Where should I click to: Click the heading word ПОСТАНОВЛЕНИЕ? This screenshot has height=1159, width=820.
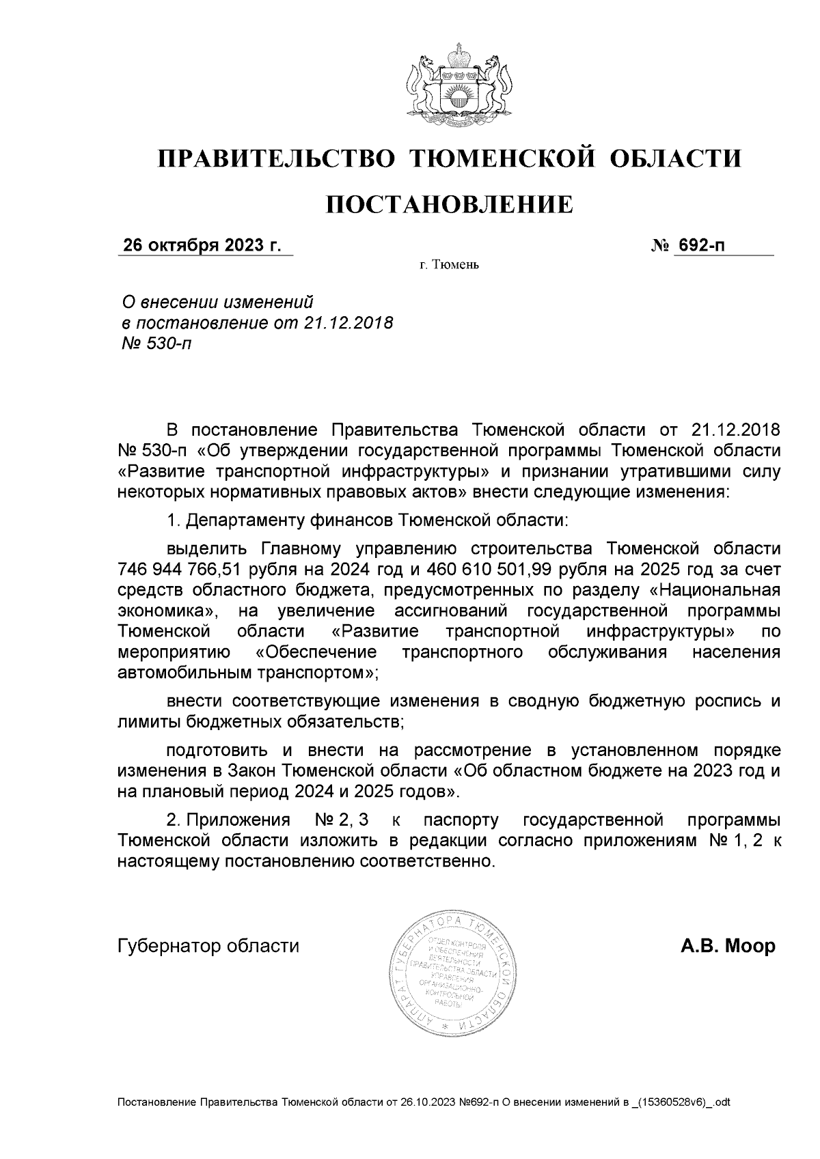point(448,204)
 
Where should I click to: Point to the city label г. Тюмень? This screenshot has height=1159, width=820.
point(449,265)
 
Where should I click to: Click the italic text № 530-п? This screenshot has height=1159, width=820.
point(156,344)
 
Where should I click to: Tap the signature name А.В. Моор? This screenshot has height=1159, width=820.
point(727,947)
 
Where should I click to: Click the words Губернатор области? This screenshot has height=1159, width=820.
point(208,947)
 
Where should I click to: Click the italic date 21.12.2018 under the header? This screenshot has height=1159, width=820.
point(348,322)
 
